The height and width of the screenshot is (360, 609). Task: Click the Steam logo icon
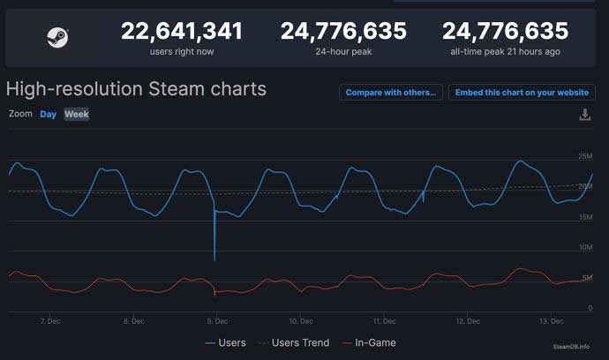(x=57, y=37)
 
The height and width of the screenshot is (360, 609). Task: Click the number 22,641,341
(x=182, y=32)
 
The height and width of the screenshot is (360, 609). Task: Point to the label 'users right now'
(x=182, y=52)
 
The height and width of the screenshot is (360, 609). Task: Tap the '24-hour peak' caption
(x=343, y=52)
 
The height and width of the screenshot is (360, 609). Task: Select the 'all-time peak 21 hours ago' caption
(x=505, y=52)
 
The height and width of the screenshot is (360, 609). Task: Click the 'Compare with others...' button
(x=390, y=93)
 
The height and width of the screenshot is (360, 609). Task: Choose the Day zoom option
(x=48, y=114)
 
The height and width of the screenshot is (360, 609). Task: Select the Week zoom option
(x=77, y=114)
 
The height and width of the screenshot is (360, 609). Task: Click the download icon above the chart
(x=584, y=115)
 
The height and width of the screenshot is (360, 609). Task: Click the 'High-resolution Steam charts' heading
(x=136, y=89)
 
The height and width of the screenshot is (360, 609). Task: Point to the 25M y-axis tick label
(x=584, y=157)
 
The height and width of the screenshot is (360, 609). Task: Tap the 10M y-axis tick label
(x=584, y=248)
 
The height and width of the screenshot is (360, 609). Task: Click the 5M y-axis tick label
(x=587, y=278)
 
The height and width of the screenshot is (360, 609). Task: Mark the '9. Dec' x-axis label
(x=218, y=321)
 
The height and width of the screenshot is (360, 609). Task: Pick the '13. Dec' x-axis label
(x=552, y=321)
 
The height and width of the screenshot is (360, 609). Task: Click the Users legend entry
(x=225, y=342)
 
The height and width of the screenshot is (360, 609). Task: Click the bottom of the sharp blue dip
(x=214, y=260)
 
